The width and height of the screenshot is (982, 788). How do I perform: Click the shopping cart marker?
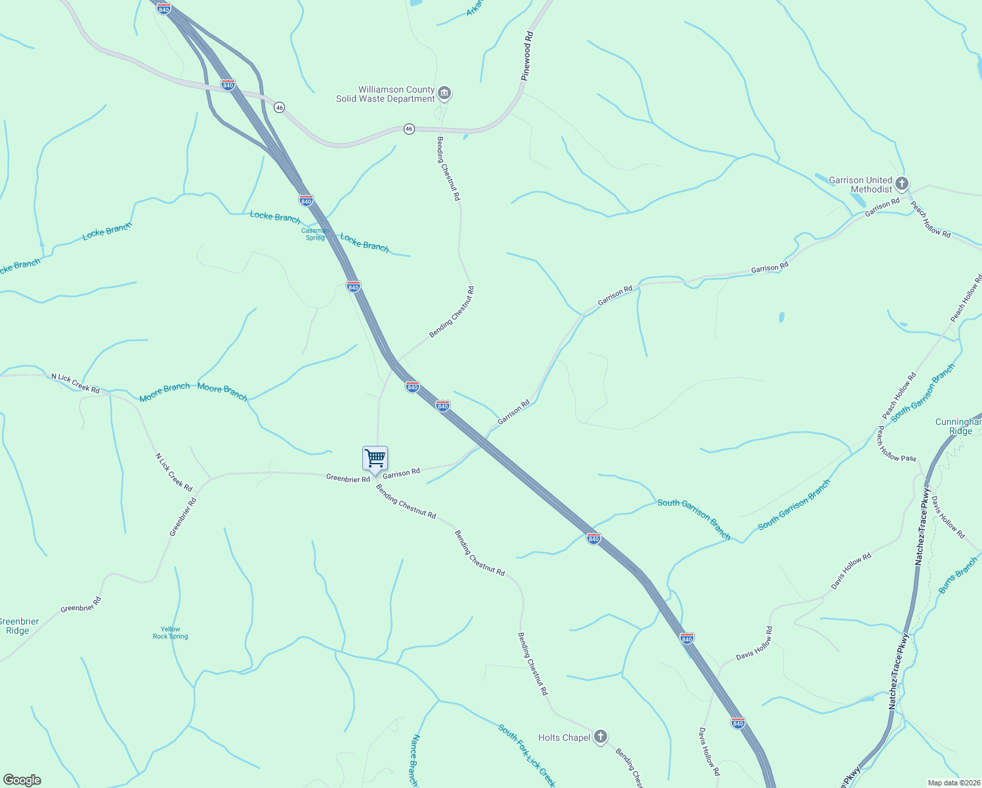[375, 458]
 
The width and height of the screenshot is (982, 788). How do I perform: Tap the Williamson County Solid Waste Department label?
[386, 94]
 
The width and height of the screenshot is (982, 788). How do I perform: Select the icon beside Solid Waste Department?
[444, 93]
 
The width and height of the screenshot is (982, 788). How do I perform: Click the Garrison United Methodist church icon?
[902, 183]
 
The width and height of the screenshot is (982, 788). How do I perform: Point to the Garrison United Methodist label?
[861, 185]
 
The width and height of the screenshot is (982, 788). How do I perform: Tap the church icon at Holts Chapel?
[600, 737]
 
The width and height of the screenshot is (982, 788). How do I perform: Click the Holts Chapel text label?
[564, 737]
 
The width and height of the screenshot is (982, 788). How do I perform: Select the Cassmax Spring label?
[315, 234]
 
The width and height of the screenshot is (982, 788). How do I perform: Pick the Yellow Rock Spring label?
[170, 632]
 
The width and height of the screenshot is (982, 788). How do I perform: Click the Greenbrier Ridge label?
[18, 626]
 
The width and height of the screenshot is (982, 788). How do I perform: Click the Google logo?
[22, 780]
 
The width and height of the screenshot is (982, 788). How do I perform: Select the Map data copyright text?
[953, 783]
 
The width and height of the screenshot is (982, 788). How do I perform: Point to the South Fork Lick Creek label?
[527, 755]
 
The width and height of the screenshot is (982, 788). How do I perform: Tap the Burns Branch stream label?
[958, 575]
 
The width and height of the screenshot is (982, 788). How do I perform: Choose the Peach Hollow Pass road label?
[896, 444]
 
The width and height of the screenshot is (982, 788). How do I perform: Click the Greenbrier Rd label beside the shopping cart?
[348, 479]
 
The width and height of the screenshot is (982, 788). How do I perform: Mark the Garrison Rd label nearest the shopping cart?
[401, 473]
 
